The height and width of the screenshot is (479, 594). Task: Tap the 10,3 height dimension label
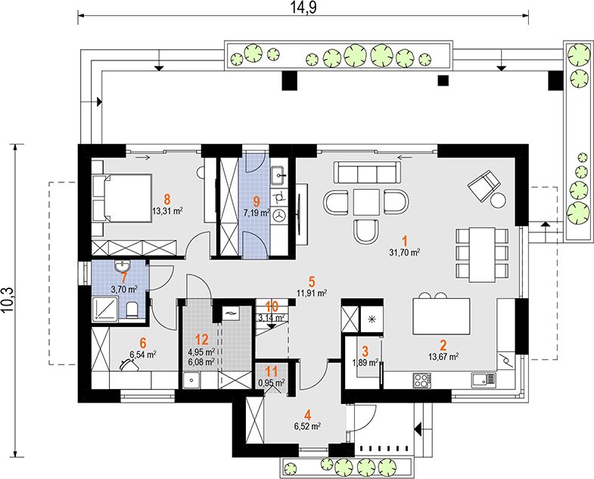(8, 300)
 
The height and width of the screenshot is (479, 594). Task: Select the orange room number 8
(167, 198)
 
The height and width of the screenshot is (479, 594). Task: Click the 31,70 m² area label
(405, 253)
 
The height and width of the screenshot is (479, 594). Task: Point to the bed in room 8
(122, 198)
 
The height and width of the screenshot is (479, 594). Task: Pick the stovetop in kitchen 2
(422, 380)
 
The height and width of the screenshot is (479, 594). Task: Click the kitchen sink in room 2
(484, 378)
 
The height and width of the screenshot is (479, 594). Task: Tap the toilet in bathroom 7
(132, 310)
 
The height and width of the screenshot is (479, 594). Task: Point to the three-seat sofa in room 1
(367, 173)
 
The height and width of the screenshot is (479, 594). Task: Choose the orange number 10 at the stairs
(272, 306)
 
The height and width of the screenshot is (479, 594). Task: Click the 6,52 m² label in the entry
(307, 427)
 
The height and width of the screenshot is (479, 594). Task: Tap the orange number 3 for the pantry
(365, 350)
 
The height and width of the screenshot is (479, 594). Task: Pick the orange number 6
(143, 343)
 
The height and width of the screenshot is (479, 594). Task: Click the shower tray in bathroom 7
(105, 308)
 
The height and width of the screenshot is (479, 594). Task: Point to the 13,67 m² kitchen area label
(443, 356)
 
